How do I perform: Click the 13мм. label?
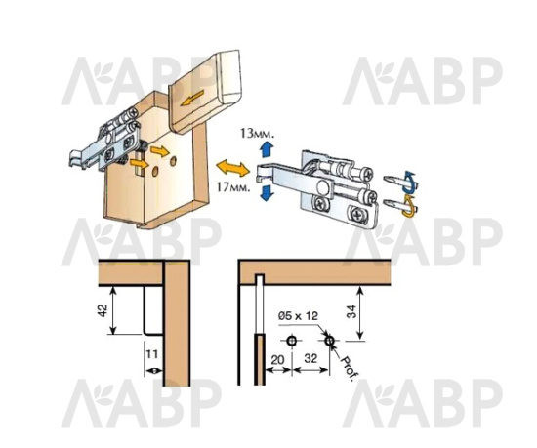[x=257, y=133]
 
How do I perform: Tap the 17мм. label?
[x=233, y=187]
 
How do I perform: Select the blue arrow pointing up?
[x=266, y=149]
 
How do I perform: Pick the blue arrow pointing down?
[x=267, y=192]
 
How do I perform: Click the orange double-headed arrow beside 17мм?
[x=233, y=168]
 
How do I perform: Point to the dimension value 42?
[x=103, y=310]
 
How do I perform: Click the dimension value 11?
[x=151, y=353]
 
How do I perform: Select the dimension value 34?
[x=351, y=311]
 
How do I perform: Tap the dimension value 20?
[x=277, y=360]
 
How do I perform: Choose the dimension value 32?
[x=310, y=358]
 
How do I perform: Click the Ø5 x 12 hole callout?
[x=298, y=315]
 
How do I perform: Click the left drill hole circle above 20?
[x=292, y=341]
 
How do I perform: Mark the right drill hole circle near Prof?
[x=329, y=341]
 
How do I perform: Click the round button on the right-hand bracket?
[x=322, y=188]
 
